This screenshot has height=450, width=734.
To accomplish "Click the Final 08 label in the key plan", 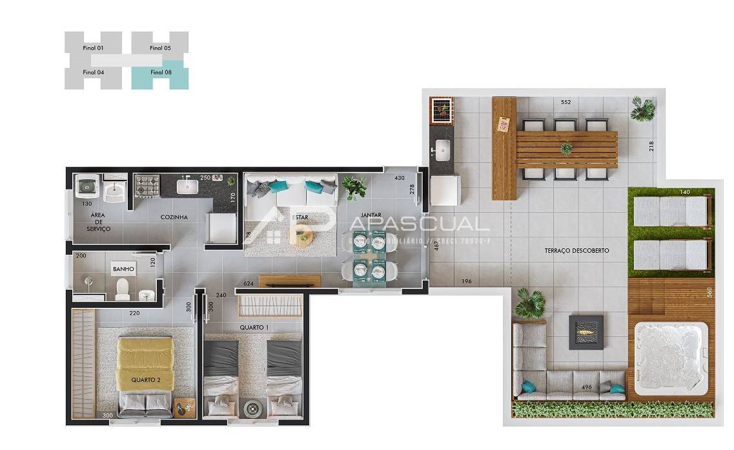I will point(161,72).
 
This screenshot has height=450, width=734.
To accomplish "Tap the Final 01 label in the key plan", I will point(93,48).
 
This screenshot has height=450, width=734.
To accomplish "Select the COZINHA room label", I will point(174,217).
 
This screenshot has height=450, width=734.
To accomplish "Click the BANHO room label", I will point(123,268).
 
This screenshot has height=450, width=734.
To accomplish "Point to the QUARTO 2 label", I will point(146,380).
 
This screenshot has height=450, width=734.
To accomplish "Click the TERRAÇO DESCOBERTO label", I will point(576,250).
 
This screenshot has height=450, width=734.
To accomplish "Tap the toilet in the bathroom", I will point(123,288).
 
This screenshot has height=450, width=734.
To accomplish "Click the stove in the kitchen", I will point(147,186).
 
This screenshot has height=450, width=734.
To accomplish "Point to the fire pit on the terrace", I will point(586,332).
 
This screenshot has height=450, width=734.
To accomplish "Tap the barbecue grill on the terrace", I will point(442,109).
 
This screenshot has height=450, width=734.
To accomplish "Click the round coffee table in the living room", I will point(301,239).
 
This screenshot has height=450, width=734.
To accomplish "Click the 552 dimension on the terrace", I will point(566,103).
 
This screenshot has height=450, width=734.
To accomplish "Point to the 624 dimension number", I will point(249,283).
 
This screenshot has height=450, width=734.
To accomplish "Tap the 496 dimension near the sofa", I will point(587,387).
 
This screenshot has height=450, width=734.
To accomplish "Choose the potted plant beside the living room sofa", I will point(354,187).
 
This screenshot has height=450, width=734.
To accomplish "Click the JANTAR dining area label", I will point(371,215).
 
